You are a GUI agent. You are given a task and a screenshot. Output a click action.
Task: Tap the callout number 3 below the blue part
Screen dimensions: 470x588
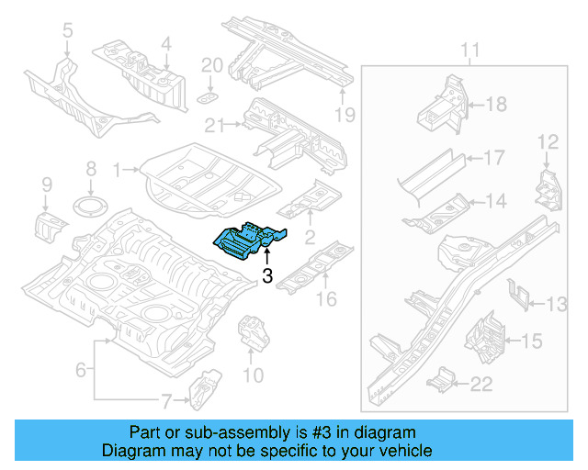pyautogui.click(x=267, y=275)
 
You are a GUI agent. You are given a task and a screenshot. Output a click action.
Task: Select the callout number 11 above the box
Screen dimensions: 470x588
pyautogui.click(x=469, y=50)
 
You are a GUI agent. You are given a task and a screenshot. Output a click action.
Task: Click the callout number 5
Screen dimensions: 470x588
pyautogui.click(x=67, y=33)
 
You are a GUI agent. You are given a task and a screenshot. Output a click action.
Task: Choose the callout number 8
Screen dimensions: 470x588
pyautogui.click(x=90, y=169)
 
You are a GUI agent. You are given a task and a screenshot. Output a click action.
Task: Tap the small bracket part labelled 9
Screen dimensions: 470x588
pyautogui.click(x=52, y=224)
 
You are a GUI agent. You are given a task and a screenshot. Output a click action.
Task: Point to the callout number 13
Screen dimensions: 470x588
pyautogui.click(x=557, y=303)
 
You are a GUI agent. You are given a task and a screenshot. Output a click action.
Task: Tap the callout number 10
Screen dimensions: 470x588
pyautogui.click(x=253, y=375)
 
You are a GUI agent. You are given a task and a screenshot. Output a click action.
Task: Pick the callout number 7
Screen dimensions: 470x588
pyautogui.click(x=165, y=400)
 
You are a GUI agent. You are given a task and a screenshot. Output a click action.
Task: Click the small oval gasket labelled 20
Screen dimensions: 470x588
pyautogui.click(x=209, y=96)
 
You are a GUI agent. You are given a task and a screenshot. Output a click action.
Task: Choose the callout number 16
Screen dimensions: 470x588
pyautogui.click(x=326, y=298)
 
